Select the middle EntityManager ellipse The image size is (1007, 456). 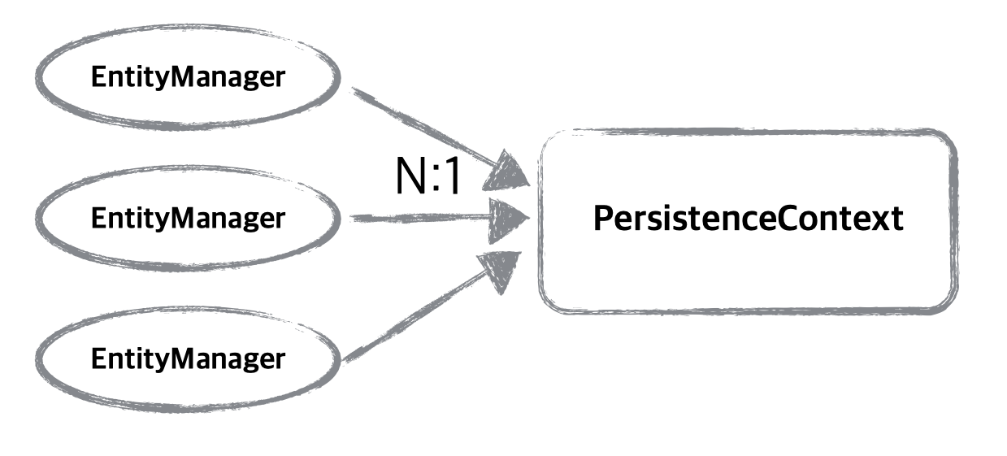188,218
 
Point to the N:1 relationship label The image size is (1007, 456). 428,176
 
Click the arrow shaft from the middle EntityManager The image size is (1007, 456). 415,218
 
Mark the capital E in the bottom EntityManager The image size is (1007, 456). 98,358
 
